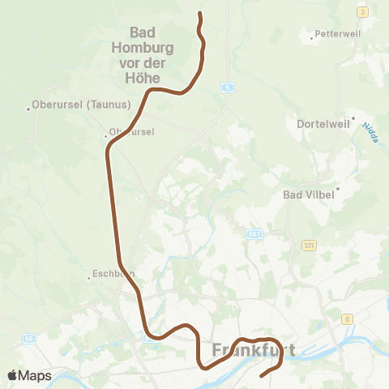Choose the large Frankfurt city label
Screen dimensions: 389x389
point(253,351)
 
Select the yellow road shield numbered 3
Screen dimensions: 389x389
point(361,11)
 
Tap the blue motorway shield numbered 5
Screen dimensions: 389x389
point(229,87)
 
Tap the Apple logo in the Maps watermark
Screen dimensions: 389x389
point(13,375)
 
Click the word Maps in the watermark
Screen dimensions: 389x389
point(36,375)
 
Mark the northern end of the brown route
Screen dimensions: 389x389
point(199,13)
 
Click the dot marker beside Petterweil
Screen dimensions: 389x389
point(312,36)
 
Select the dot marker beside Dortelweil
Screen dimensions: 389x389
point(351,118)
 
